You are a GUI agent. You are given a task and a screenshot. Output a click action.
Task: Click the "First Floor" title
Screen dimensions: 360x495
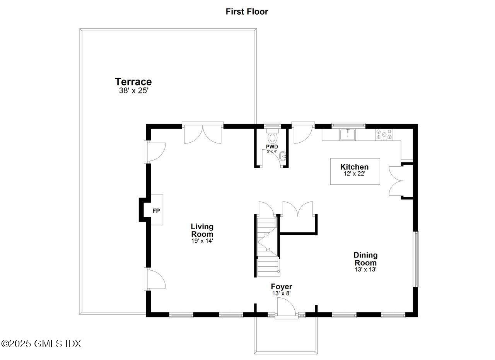coord(247,12)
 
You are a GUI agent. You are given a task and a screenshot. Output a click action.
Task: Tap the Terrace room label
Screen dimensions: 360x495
coord(133,82)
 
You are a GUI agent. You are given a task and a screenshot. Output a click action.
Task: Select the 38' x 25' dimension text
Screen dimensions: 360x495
coord(133,91)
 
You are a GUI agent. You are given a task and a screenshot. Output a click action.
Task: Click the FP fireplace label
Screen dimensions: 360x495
coord(156,211)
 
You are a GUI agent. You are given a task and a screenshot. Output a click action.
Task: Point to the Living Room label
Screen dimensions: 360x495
coord(202,230)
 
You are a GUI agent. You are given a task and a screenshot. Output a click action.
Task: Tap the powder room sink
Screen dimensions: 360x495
coord(283,157)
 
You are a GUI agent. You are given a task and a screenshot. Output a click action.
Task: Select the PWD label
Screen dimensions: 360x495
coord(272,147)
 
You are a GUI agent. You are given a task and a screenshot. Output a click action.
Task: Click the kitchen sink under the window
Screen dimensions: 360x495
coord(347,135)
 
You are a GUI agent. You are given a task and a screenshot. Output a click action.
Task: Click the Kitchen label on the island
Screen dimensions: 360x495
coord(354,167)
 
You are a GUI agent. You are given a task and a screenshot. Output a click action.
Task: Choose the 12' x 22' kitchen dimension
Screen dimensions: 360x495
coord(355,174)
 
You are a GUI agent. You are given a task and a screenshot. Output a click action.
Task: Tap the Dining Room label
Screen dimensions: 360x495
coord(365,259)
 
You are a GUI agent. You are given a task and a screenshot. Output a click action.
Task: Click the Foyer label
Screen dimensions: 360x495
coord(281,287)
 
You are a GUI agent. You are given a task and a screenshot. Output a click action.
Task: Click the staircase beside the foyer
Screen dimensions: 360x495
coord(268,247)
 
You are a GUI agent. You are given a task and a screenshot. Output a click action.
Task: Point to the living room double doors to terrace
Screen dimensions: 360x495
coord(203,134)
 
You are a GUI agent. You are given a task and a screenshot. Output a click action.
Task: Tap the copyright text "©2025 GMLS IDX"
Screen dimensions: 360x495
coord(41,343)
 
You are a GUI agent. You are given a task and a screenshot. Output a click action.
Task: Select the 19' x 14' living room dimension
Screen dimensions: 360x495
coord(202,241)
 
